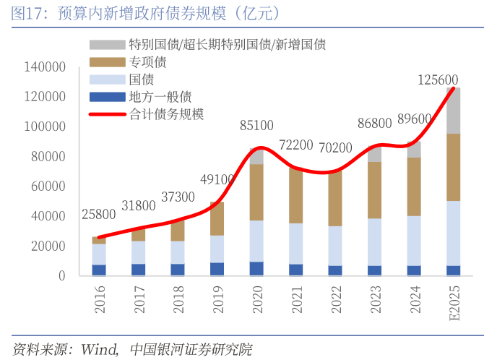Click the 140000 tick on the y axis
[46, 67]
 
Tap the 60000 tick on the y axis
[48, 187]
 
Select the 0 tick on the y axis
[63, 276]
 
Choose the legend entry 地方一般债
[160, 97]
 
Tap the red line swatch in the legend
[107, 114]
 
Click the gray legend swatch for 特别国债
[107, 45]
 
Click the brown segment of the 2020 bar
[256, 192]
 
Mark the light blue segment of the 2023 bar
[374, 242]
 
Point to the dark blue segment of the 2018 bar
[178, 270]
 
